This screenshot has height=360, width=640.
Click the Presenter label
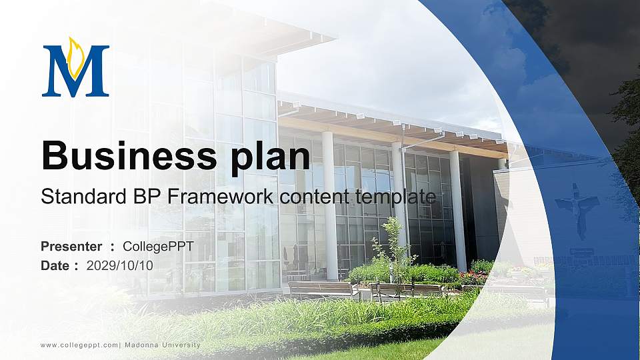pos(71,247)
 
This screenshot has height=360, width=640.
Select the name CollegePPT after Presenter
pos(159,247)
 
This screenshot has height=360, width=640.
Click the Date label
pos(55,265)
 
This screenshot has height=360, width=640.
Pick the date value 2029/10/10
pos(120,265)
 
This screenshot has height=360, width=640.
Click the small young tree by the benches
pos(393,247)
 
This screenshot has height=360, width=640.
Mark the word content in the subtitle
pos(310,197)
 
